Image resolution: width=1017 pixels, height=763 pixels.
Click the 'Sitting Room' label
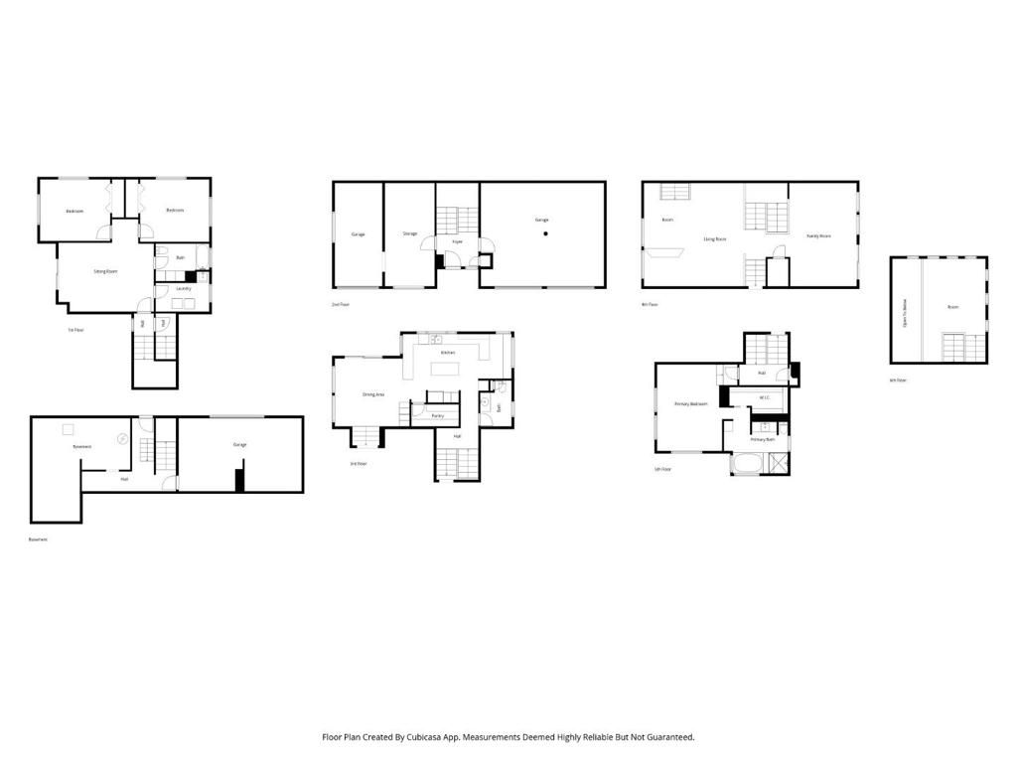click(106, 271)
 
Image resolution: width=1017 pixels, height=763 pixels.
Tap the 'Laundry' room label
click(183, 289)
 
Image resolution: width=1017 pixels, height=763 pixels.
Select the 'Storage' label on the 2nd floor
click(410, 234)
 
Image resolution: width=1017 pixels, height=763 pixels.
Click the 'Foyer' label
click(458, 241)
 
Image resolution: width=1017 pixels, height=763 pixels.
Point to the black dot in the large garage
click(545, 234)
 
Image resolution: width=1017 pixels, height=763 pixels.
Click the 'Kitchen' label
click(448, 353)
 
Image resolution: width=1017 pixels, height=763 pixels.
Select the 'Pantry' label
click(437, 415)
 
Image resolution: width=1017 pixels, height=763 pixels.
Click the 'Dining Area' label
click(373, 394)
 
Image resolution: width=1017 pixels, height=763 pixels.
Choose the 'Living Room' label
click(716, 238)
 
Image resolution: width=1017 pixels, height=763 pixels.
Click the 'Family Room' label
click(818, 236)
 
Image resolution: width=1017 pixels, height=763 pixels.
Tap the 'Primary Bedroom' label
click(690, 404)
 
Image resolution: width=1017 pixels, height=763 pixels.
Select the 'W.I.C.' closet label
click(764, 398)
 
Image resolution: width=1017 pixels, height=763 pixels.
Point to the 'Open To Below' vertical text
click(904, 307)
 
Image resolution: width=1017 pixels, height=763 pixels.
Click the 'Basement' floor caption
click(38, 539)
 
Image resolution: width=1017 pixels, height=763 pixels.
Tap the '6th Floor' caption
click(898, 381)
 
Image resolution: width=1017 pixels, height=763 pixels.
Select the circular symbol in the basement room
click(122, 437)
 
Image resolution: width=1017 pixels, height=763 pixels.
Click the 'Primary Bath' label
click(762, 439)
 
